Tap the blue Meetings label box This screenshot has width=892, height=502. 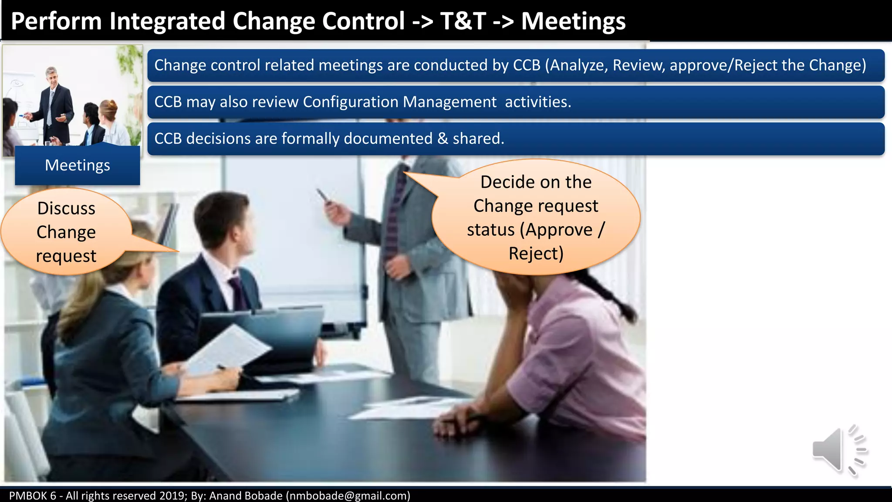[x=78, y=166]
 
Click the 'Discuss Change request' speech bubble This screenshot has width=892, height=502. [x=66, y=232]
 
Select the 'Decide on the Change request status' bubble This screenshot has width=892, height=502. [x=536, y=217]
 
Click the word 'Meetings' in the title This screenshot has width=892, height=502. [x=573, y=21]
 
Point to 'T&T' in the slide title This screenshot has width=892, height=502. [x=463, y=21]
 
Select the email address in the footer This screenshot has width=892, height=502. [x=348, y=495]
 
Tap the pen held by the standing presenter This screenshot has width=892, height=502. [x=323, y=195]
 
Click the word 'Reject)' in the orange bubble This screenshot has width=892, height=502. [x=536, y=254]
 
